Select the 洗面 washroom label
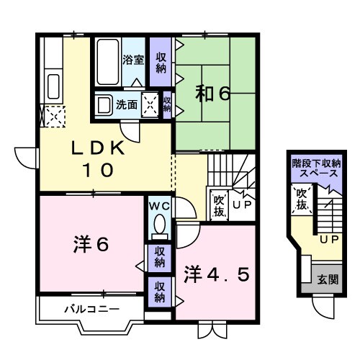(127, 104)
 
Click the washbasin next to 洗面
(104, 104)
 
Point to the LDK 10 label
(98, 159)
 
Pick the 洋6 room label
(91, 245)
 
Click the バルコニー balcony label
(85, 310)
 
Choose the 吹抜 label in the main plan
(219, 205)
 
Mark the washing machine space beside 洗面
(150, 104)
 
